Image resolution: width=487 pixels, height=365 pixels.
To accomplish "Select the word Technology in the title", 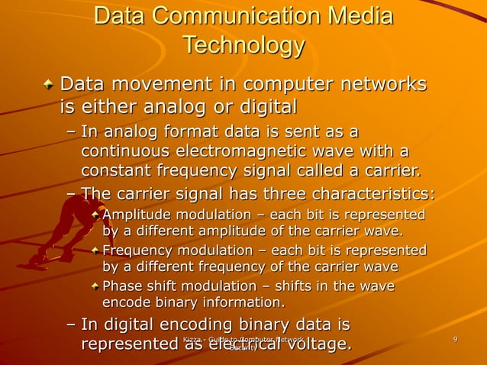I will [243, 46].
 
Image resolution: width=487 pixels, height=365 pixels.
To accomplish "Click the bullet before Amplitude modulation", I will [95, 213].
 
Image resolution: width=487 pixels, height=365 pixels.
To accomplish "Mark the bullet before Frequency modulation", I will [95, 250].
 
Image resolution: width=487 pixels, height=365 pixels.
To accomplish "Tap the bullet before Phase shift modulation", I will [95, 286].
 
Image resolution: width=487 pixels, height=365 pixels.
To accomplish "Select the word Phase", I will [121, 286].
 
